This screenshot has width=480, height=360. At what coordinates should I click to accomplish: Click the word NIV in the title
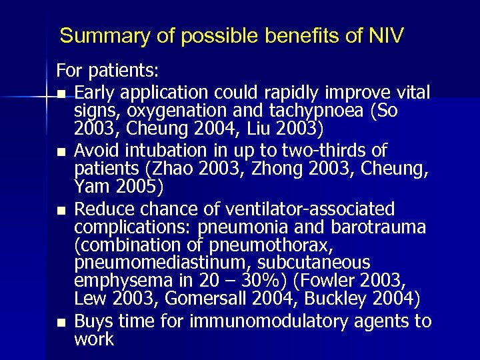[x=385, y=35]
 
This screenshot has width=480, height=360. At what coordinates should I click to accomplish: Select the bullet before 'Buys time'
[x=61, y=323]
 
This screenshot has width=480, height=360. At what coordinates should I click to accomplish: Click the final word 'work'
[x=93, y=339]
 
